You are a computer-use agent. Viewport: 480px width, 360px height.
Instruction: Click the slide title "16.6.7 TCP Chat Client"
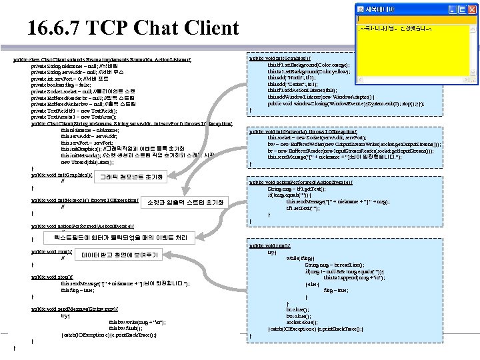pos(133,28)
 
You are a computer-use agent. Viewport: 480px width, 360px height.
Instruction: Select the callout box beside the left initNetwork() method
pos(186,202)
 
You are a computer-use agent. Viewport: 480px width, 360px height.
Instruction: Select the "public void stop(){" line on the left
pos(51,275)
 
